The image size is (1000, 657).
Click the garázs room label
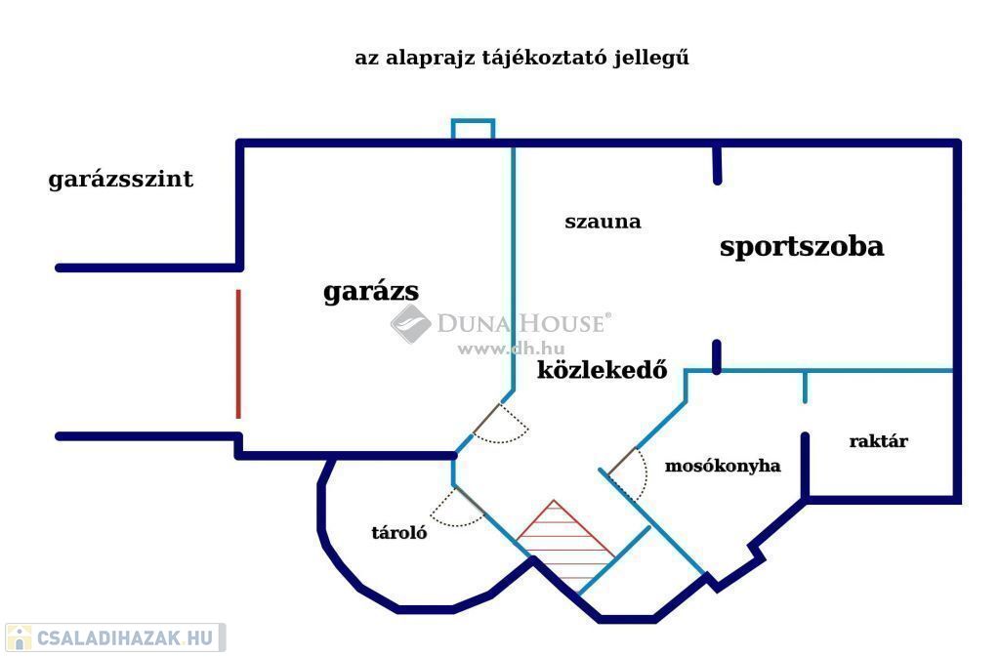tap(371, 292)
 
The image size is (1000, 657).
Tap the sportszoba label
tap(802, 247)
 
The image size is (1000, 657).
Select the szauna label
tap(603, 222)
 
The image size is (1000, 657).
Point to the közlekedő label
tap(602, 370)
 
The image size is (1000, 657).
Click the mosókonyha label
tap(723, 466)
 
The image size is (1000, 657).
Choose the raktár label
tap(878, 441)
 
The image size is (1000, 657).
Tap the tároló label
tap(399, 532)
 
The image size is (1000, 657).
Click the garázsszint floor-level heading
tap(120, 179)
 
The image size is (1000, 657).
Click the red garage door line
tap(238, 354)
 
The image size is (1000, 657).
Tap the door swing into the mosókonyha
tap(629, 472)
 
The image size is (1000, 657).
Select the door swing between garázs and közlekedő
tap(501, 424)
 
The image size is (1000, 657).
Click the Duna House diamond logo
tap(411, 324)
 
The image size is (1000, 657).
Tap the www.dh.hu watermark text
tap(511, 349)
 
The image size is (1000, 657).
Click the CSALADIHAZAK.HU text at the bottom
tap(125, 637)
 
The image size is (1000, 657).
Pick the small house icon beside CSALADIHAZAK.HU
tap(19, 637)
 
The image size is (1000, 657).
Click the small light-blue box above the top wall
tap(474, 129)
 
